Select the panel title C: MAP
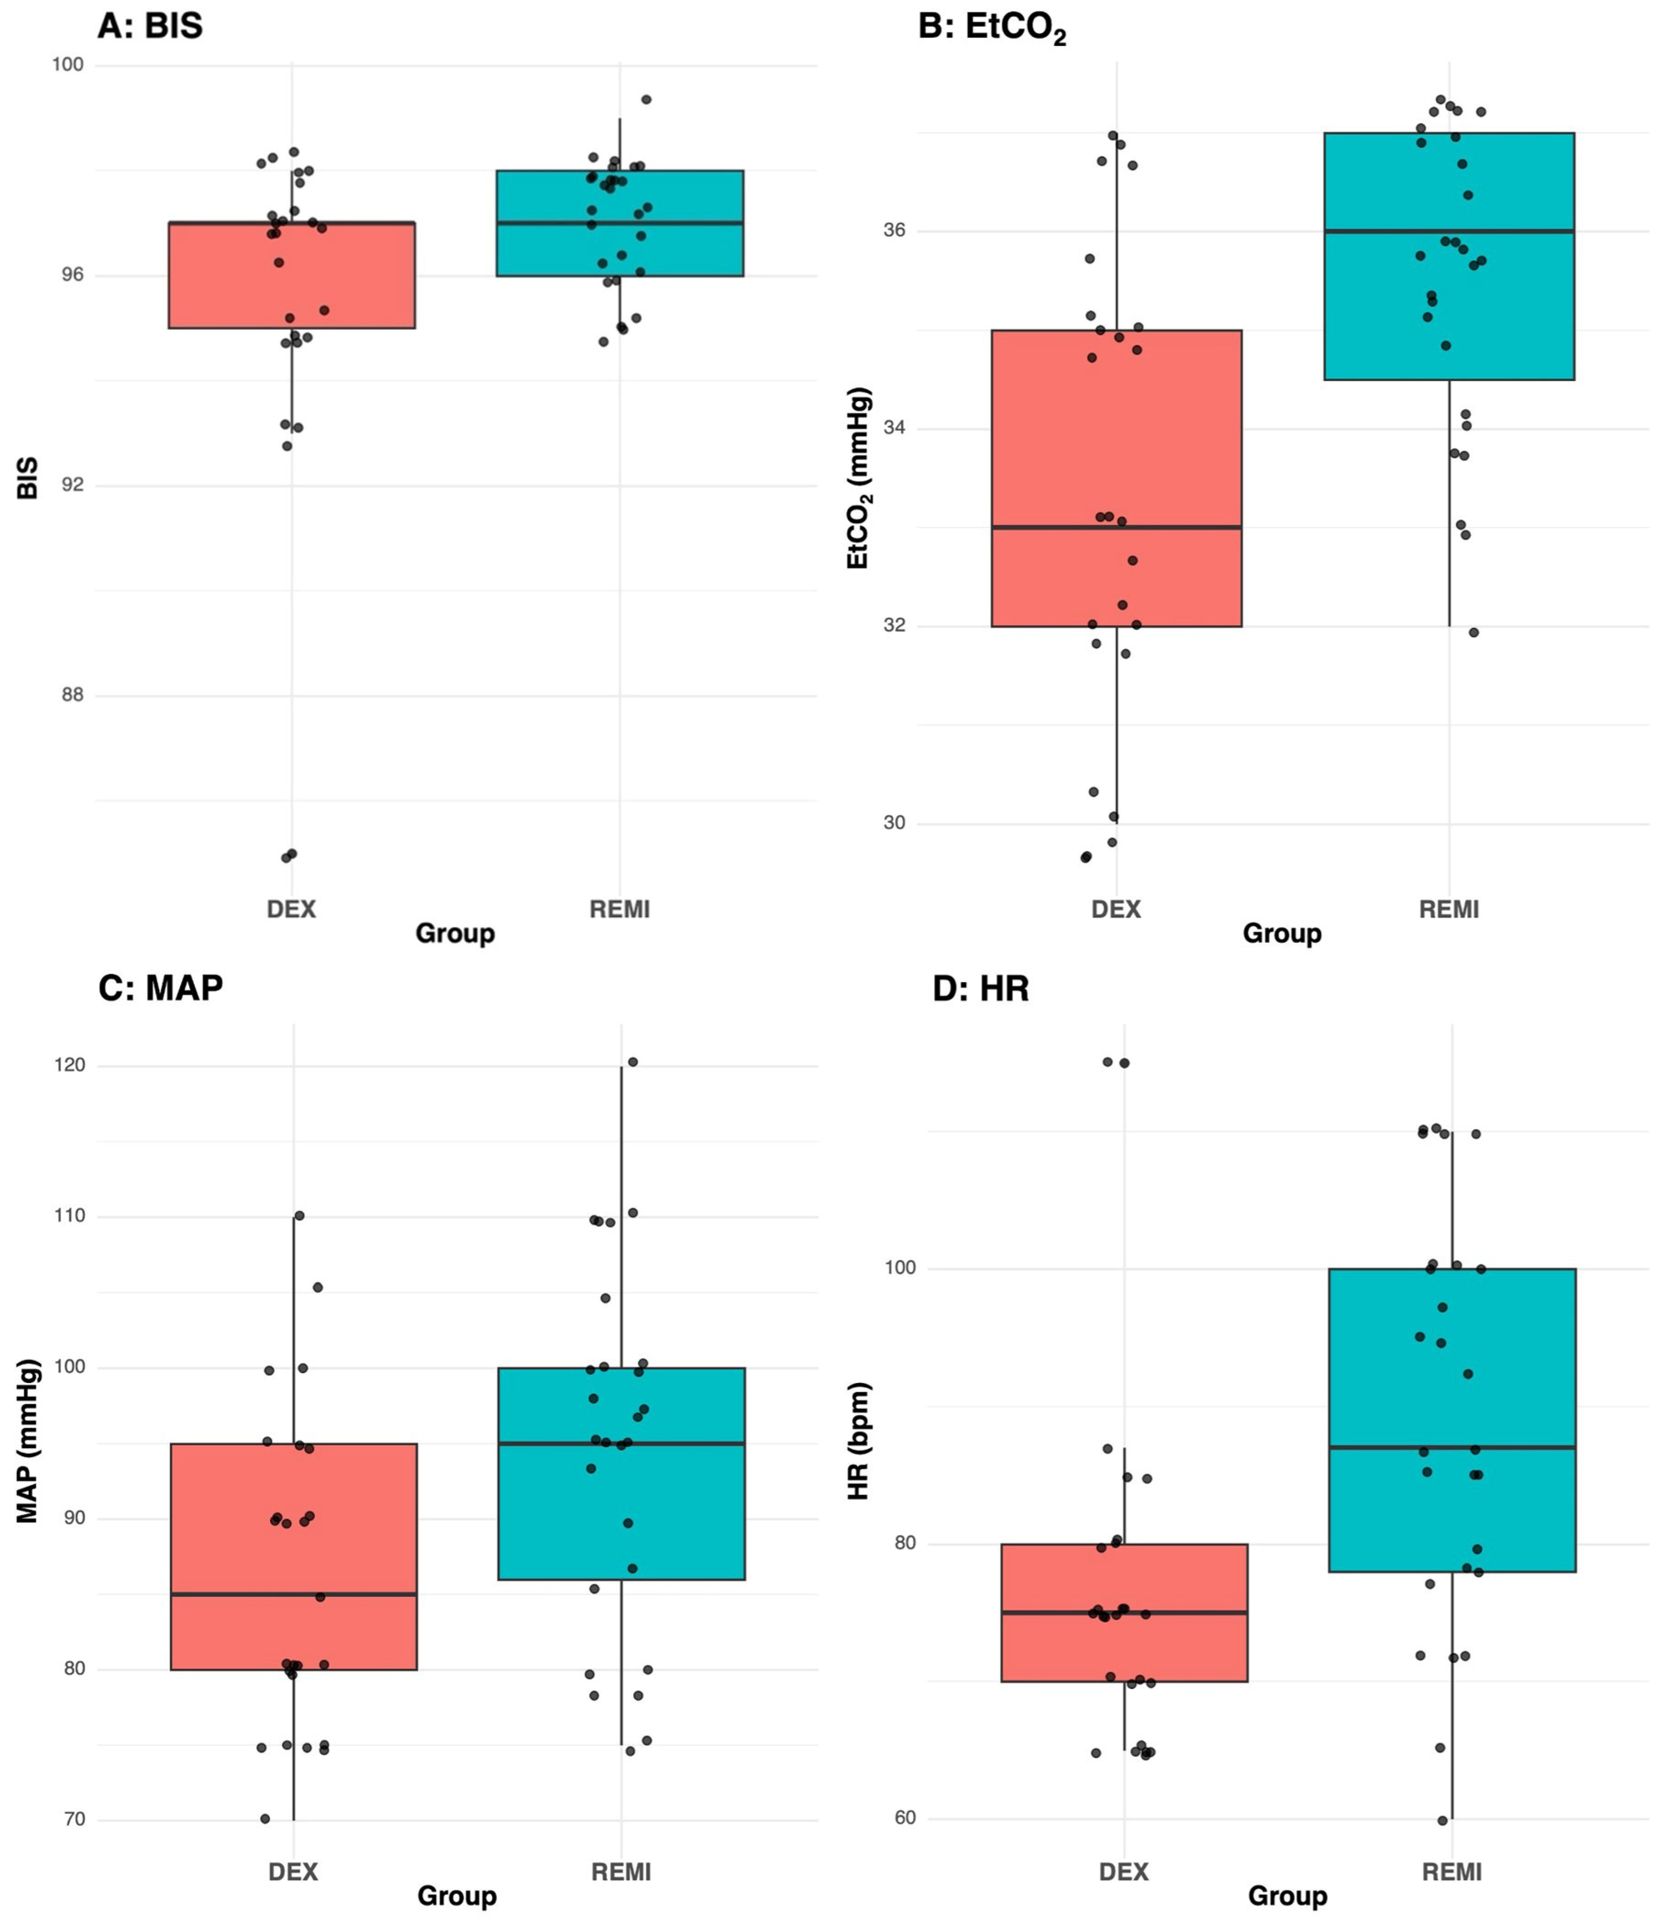click(160, 988)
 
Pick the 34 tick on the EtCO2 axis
click(894, 429)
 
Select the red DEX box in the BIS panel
click(292, 275)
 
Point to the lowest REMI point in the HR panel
click(1443, 1821)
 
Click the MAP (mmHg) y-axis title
click(28, 1440)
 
